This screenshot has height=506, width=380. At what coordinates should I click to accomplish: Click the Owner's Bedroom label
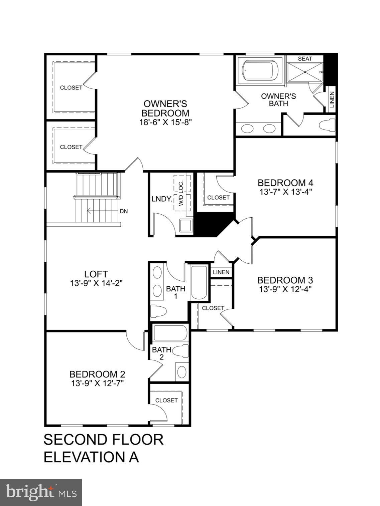pos(165,108)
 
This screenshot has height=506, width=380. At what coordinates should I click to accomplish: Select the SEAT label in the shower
pos(304,59)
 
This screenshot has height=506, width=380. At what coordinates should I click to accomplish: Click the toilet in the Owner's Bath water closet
pos(327,125)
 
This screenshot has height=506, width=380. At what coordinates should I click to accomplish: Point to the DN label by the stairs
pos(124,211)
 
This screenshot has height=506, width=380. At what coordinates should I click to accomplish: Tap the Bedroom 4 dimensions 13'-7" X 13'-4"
pos(285,192)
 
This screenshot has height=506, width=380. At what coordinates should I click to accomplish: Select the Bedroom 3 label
pos(285,280)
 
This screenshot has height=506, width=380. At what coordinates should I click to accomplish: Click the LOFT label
pos(96,274)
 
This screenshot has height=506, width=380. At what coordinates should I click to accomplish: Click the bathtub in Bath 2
pos(170,333)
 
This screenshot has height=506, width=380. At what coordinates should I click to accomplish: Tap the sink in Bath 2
pos(182,372)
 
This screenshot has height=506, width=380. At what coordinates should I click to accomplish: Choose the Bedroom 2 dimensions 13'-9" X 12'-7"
pos(97,383)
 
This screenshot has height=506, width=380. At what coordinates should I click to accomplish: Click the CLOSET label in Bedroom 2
pos(166,400)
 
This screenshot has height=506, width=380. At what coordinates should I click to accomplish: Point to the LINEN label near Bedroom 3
pos(221,272)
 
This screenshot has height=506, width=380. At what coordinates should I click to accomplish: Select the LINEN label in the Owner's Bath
pos(332,99)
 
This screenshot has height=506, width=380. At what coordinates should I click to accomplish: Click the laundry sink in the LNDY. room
pos(185,226)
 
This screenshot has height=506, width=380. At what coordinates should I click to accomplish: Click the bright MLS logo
pos(41,492)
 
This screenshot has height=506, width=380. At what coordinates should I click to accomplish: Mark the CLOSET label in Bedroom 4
pos(218,198)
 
